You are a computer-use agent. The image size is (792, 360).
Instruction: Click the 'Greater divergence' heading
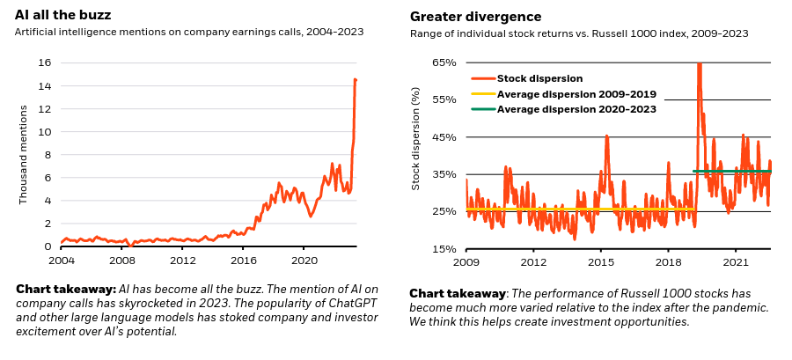click(x=475, y=17)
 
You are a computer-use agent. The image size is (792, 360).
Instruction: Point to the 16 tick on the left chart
click(x=44, y=62)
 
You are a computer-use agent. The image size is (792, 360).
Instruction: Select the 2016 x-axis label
click(x=243, y=261)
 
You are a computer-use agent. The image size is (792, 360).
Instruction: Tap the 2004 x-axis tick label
click(x=61, y=261)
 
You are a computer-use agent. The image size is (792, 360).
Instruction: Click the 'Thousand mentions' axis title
click(x=24, y=155)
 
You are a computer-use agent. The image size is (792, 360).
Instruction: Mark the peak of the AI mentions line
click(x=355, y=79)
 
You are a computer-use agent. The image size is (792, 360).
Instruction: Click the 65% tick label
click(x=444, y=62)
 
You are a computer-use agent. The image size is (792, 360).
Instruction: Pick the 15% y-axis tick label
click(x=444, y=249)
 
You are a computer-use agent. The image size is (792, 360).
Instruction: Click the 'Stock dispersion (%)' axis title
click(x=416, y=137)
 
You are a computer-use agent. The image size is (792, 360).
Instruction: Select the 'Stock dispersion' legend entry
click(x=532, y=77)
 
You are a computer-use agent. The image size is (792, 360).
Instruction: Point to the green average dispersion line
click(x=730, y=171)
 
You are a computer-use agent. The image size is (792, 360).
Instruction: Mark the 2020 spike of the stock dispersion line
click(x=700, y=66)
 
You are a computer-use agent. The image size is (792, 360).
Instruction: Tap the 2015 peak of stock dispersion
click(x=607, y=136)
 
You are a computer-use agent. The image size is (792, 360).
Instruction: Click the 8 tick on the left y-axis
click(x=47, y=155)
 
